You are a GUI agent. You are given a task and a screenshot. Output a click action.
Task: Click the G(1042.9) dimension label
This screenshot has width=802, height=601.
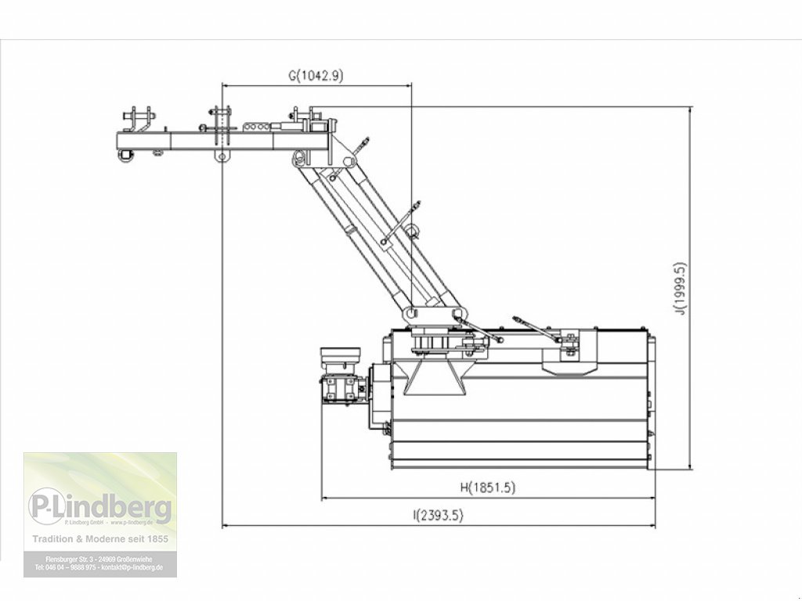point(316,76)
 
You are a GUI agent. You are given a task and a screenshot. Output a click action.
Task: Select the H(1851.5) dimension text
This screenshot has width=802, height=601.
point(487,488)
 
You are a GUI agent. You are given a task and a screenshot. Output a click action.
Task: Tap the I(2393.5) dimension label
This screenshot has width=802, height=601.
point(438,515)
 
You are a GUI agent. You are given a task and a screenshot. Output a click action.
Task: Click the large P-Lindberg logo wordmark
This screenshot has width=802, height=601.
point(100,508)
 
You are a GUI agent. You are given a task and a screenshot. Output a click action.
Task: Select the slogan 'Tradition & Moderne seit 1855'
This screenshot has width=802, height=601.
point(99,539)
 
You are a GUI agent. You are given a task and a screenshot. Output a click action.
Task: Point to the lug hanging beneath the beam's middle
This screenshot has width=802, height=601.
point(222,157)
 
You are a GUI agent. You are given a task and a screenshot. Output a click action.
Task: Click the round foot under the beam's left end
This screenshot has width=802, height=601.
point(124,156)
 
